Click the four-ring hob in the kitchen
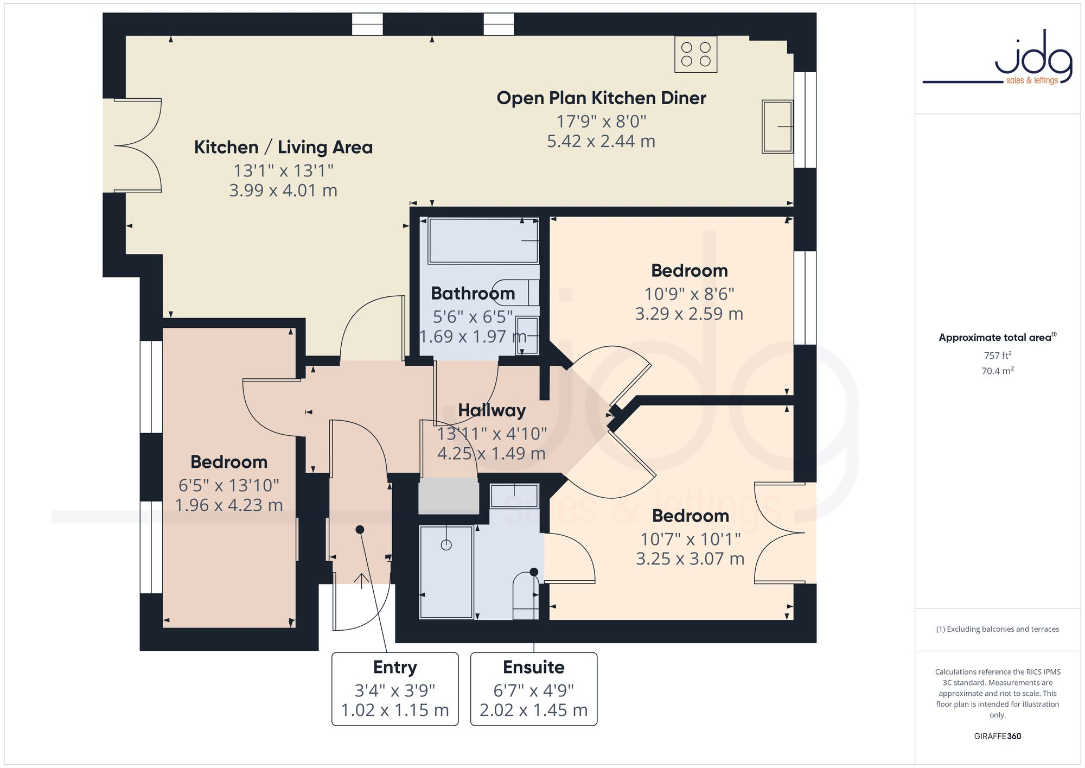[695, 54]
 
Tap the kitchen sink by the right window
[777, 126]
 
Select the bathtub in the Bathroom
[483, 240]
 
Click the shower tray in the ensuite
[446, 572]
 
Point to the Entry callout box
[395, 689]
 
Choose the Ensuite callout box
[533, 689]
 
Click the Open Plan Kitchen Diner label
[601, 98]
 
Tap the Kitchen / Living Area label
[283, 147]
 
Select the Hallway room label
[492, 410]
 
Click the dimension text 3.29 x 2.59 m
[689, 314]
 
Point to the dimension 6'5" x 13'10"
[229, 485]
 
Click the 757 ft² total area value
[997, 356]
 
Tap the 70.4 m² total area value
[997, 371]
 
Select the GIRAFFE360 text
[997, 736]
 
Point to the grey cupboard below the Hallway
[449, 496]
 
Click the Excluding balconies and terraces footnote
[997, 629]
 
